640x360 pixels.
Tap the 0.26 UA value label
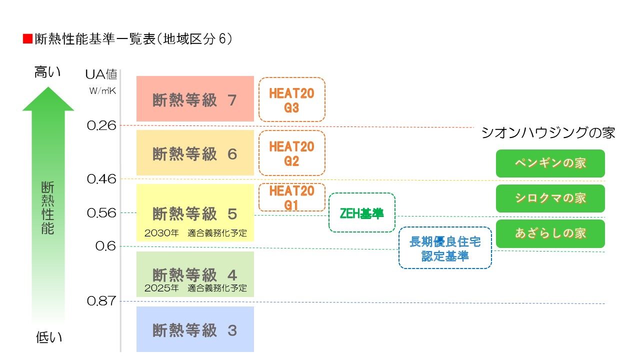[101, 125]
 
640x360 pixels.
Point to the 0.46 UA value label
[101, 178]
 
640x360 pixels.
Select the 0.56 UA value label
[101, 213]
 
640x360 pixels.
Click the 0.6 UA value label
[105, 246]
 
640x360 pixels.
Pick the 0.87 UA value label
[101, 301]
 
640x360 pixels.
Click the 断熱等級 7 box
[195, 99]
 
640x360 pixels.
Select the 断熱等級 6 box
[195, 153]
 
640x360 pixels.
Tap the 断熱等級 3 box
[195, 330]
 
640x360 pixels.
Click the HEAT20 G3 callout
[291, 99]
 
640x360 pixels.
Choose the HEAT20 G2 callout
[291, 153]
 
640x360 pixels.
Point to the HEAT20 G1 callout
[291, 197]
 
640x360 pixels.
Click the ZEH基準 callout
[361, 213]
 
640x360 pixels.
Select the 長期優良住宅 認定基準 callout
[445, 248]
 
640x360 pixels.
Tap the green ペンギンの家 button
[550, 163]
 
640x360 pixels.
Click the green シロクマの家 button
[550, 198]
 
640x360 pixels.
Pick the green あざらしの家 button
[550, 233]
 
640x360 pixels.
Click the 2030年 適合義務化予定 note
[195, 233]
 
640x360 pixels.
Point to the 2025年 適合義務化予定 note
[195, 288]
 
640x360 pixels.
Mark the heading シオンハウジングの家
[548, 132]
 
